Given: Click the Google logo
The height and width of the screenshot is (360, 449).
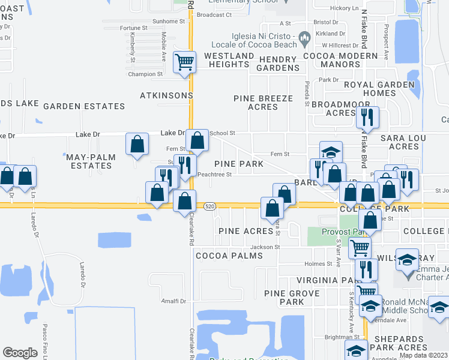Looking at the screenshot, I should click(x=20, y=352).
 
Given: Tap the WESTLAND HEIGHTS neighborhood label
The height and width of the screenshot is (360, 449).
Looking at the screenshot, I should click(x=229, y=60).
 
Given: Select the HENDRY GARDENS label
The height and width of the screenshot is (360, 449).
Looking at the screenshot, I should click(x=278, y=64).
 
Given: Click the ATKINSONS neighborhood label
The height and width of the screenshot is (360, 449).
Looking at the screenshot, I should click(x=166, y=95).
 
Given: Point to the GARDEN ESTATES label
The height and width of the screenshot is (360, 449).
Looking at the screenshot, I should click(x=84, y=106).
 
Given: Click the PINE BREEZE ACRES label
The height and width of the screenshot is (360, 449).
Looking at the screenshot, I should click(x=264, y=103).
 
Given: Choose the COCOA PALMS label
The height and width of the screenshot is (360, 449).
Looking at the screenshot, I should click(x=229, y=256).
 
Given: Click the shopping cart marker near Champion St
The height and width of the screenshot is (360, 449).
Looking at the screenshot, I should click(x=184, y=62).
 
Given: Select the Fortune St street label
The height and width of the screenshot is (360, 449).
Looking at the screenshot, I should click(x=133, y=28).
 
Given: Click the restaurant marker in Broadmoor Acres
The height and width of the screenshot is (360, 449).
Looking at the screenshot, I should click(x=367, y=118).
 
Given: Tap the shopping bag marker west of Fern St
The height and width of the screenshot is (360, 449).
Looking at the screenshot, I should click(x=137, y=143).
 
